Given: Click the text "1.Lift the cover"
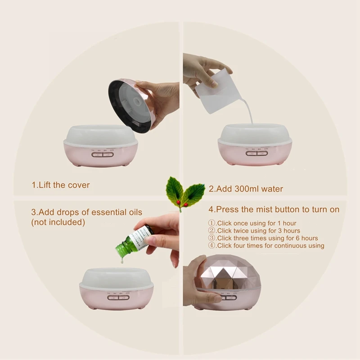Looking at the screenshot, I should [60, 185].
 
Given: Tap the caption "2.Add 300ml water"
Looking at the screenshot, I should [246, 189].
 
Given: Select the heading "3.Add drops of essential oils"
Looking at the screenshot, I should [86, 212].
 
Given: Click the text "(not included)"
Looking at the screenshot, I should [58, 222].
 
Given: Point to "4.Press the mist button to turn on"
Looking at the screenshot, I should [274, 210].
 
